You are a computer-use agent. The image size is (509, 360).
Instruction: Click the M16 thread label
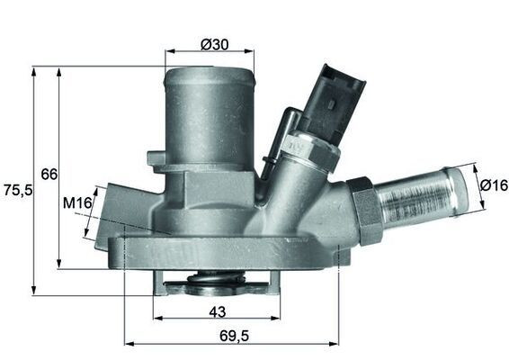pyautogui.click(x=77, y=204)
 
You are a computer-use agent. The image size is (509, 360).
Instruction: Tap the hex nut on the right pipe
pyautogui.click(x=365, y=210)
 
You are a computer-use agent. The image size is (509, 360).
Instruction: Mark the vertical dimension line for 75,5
pyautogui.click(x=33, y=180)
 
